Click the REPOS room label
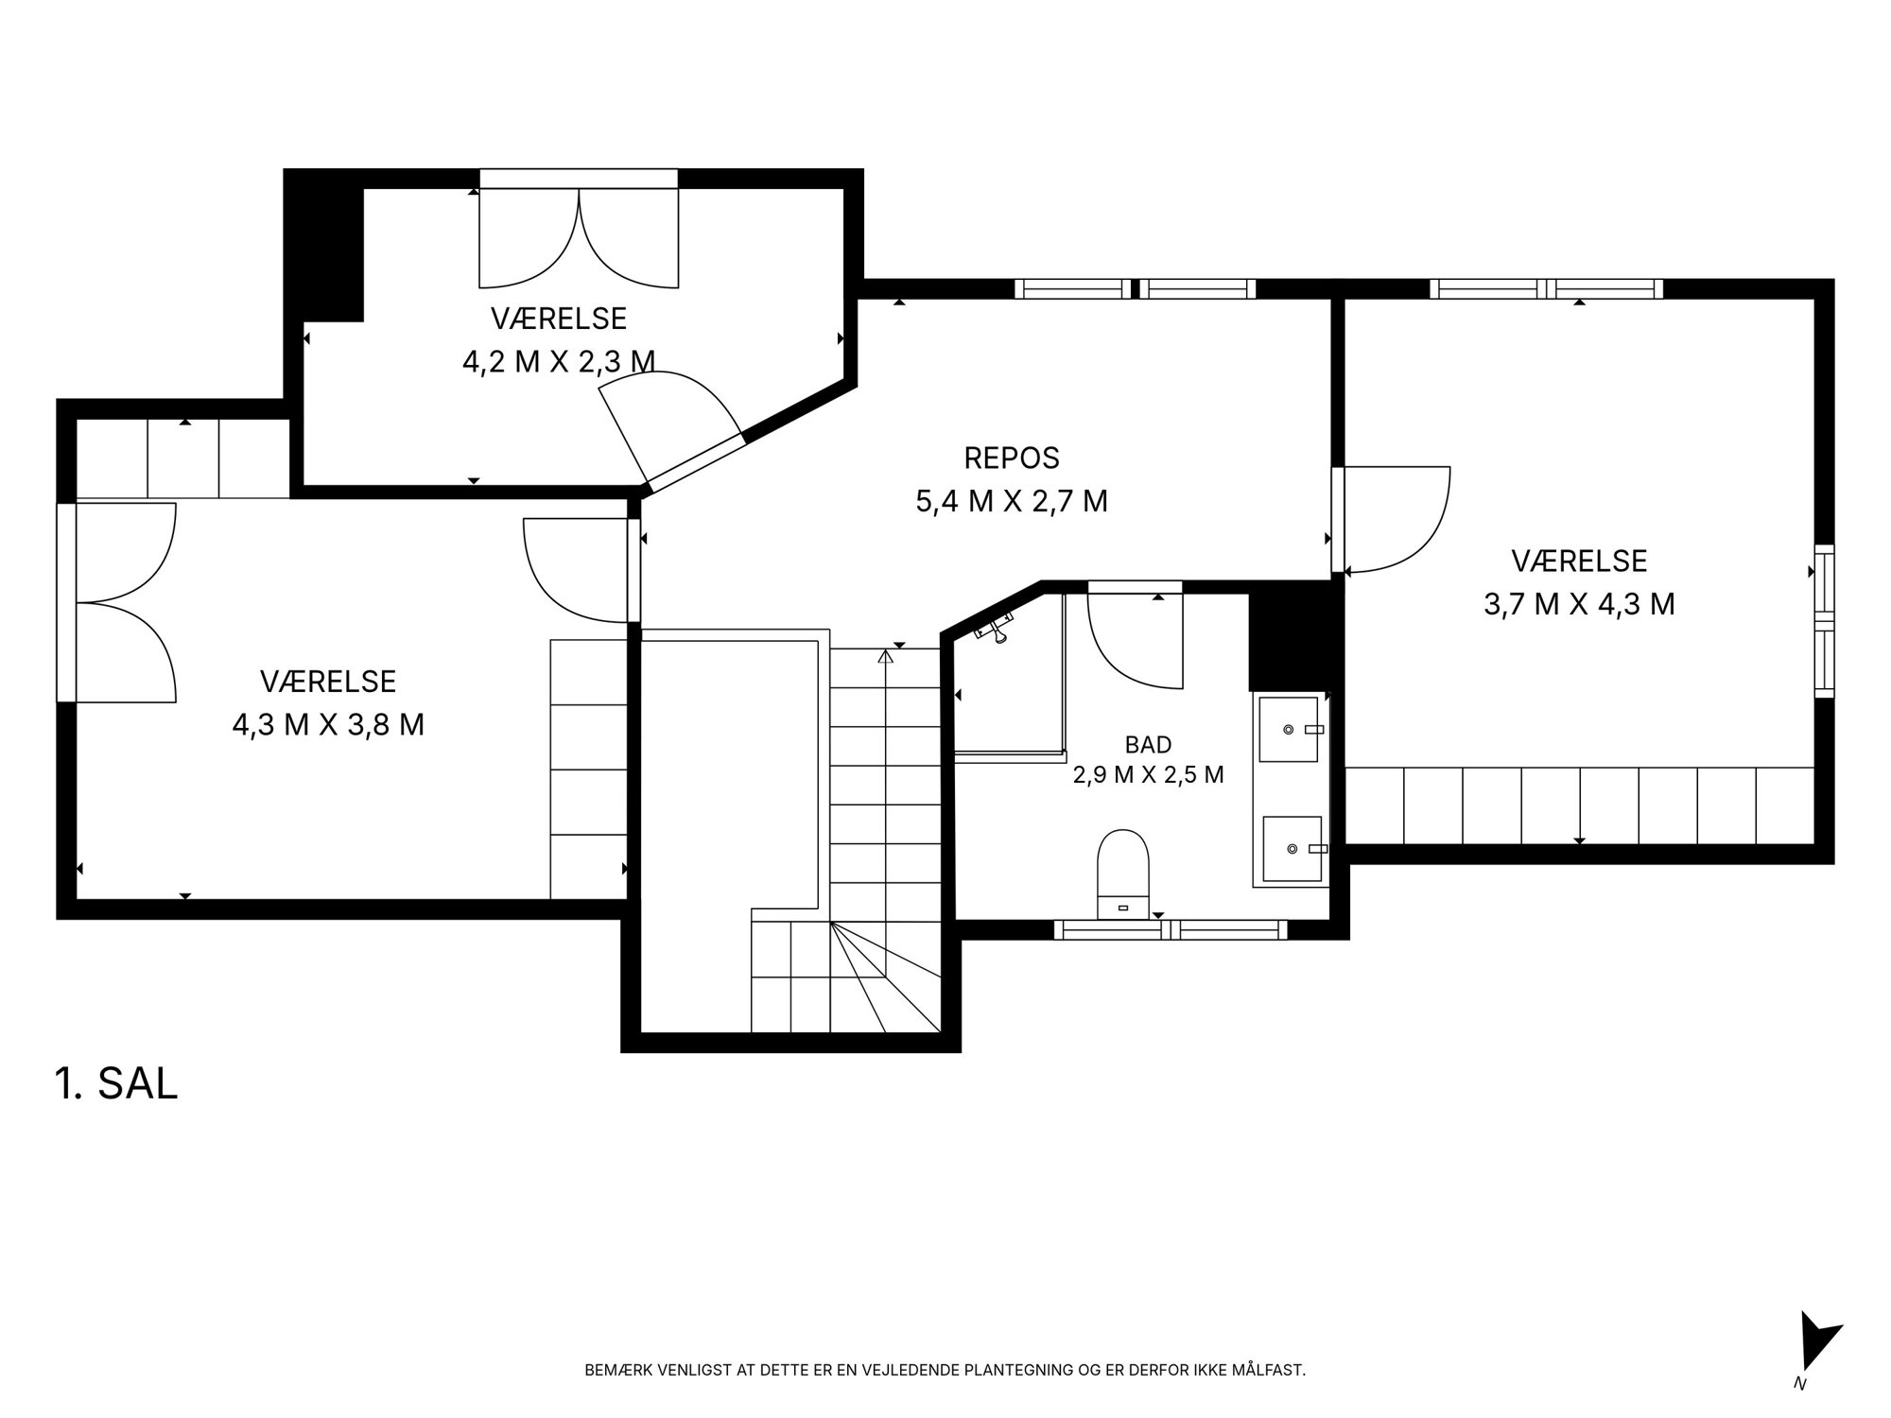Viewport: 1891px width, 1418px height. (x=1012, y=458)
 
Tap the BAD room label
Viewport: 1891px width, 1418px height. (x=1148, y=744)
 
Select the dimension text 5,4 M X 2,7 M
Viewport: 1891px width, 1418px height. (x=1012, y=500)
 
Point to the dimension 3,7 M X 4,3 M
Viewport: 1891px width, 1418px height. (x=1579, y=603)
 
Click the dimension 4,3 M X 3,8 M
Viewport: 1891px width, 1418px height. (x=328, y=724)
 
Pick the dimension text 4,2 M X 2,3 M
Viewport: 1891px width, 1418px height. (x=559, y=361)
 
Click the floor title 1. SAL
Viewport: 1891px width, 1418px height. (x=116, y=1083)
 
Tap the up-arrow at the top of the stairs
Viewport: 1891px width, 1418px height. (x=885, y=656)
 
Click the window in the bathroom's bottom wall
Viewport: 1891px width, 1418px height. (x=1171, y=930)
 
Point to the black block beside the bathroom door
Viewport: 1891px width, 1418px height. (x=1289, y=638)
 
